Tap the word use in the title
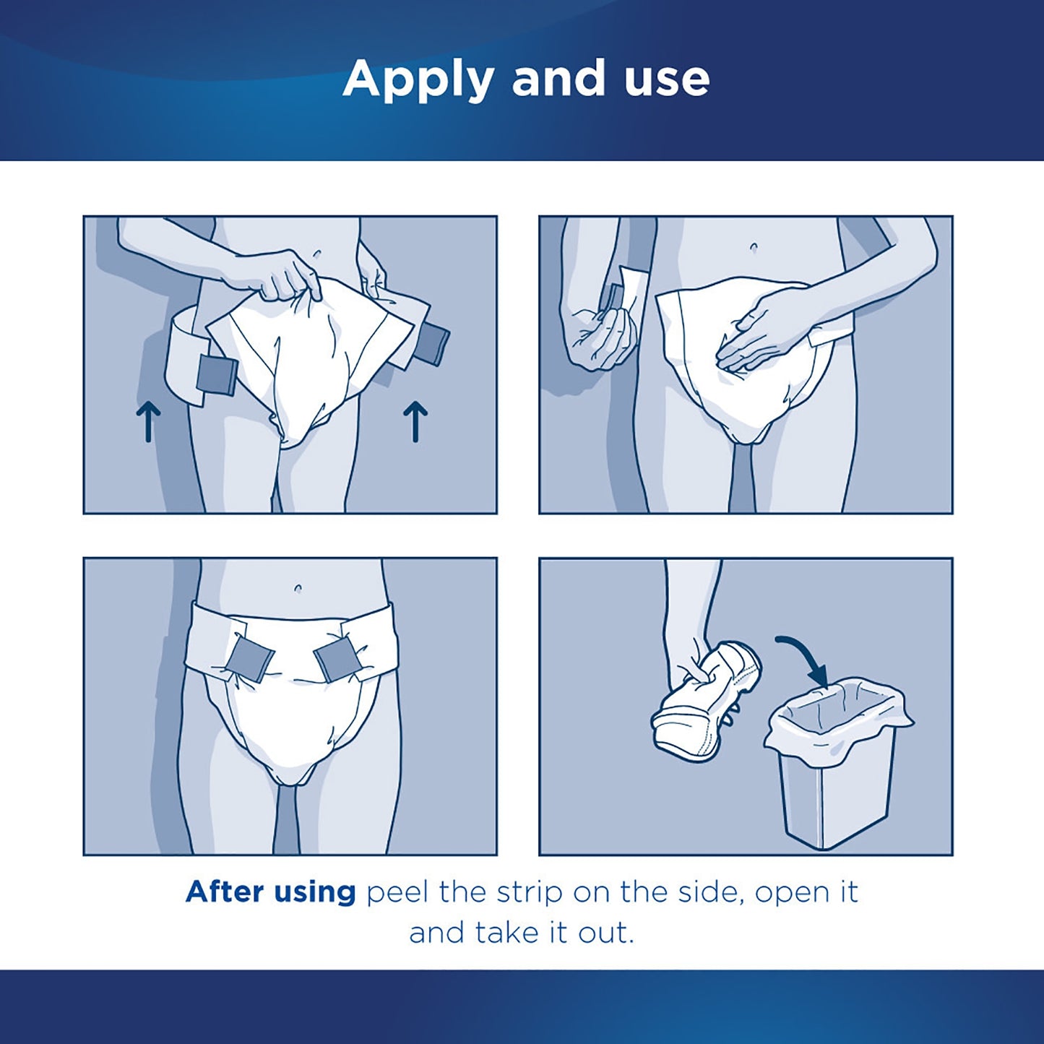point(667,79)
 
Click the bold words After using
point(271,892)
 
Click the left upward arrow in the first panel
point(148,422)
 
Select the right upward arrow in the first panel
point(415,422)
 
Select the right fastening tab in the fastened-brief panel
point(337,660)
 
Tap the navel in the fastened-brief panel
point(298,589)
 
